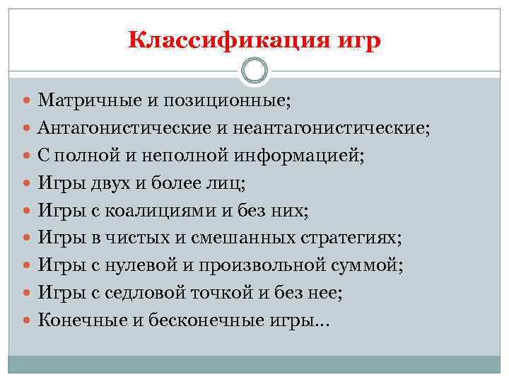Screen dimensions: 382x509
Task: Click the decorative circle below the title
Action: (x=255, y=71)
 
